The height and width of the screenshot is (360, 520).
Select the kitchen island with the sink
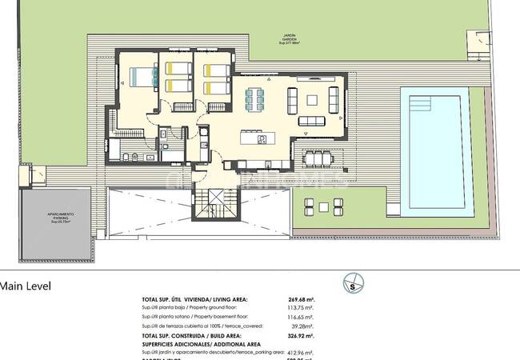click(x=262, y=139)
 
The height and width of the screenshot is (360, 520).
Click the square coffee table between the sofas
click(x=311, y=100)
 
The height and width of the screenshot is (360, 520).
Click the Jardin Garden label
click(x=290, y=38)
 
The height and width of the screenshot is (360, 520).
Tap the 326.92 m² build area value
click(x=301, y=335)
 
